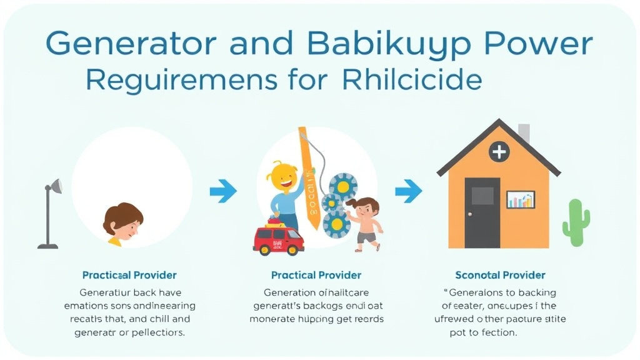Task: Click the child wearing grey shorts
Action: click(364, 222)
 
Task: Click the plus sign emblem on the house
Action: click(499, 152)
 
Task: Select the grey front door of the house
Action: click(482, 212)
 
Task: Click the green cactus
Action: click(576, 222)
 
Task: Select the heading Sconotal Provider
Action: click(500, 275)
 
